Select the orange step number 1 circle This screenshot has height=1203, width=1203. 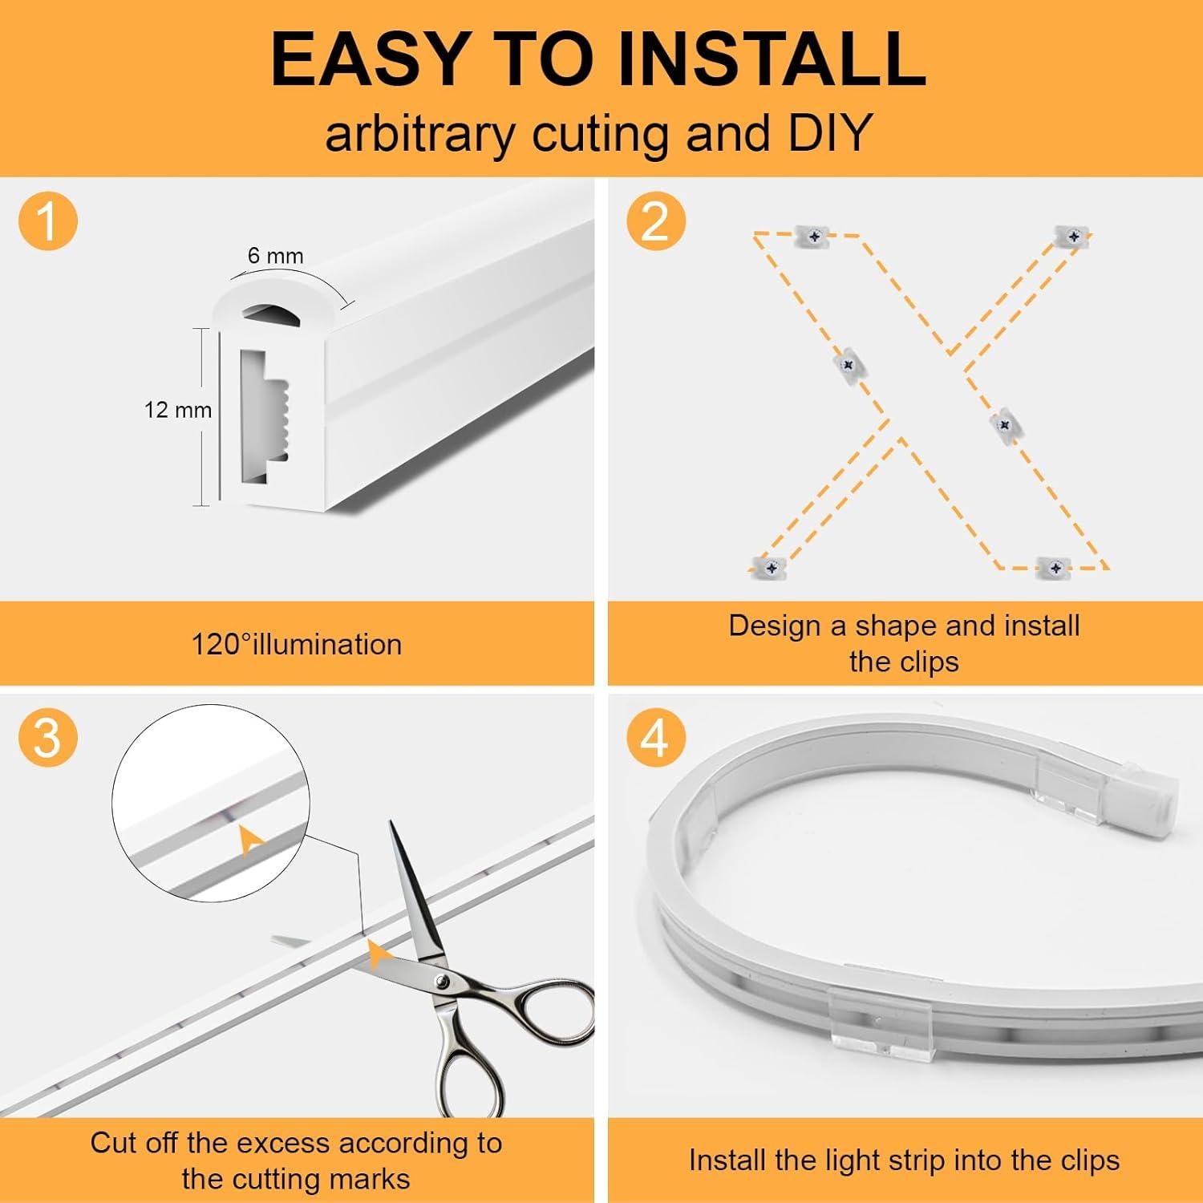tap(48, 220)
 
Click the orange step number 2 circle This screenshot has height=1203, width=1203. tap(656, 220)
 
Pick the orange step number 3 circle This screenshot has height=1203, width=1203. tap(48, 736)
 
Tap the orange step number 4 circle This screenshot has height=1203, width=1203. tap(656, 736)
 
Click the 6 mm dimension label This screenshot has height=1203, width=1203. tap(275, 256)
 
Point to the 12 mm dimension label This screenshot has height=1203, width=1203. tap(177, 410)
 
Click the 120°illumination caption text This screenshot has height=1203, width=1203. tap(296, 645)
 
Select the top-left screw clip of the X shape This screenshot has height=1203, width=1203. tap(814, 237)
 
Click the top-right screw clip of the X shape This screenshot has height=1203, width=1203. tap(1073, 237)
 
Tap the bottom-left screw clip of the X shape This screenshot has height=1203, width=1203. tap(771, 567)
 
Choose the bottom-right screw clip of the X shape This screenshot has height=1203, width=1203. tap(1055, 568)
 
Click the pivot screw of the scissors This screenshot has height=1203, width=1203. tap(440, 980)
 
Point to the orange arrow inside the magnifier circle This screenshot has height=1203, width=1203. tap(251, 839)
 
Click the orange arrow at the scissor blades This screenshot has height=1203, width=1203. tap(379, 954)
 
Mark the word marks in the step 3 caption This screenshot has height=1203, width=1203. tap(371, 1179)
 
